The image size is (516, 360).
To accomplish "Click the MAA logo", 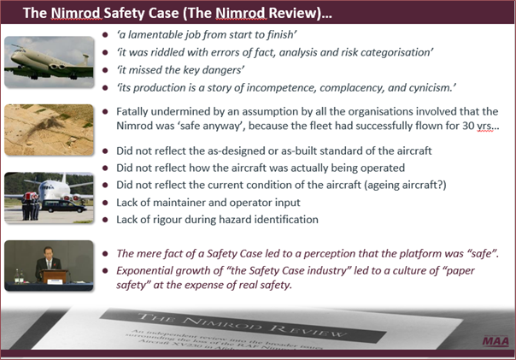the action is [x=495, y=341].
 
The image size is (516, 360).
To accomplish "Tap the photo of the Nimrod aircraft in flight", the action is [x=49, y=62].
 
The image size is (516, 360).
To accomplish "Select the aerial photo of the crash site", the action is [x=49, y=130].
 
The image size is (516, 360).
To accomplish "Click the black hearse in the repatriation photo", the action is [x=64, y=207].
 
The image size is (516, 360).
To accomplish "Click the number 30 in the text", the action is [x=468, y=126].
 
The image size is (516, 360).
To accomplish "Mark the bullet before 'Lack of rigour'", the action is [x=105, y=220].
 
